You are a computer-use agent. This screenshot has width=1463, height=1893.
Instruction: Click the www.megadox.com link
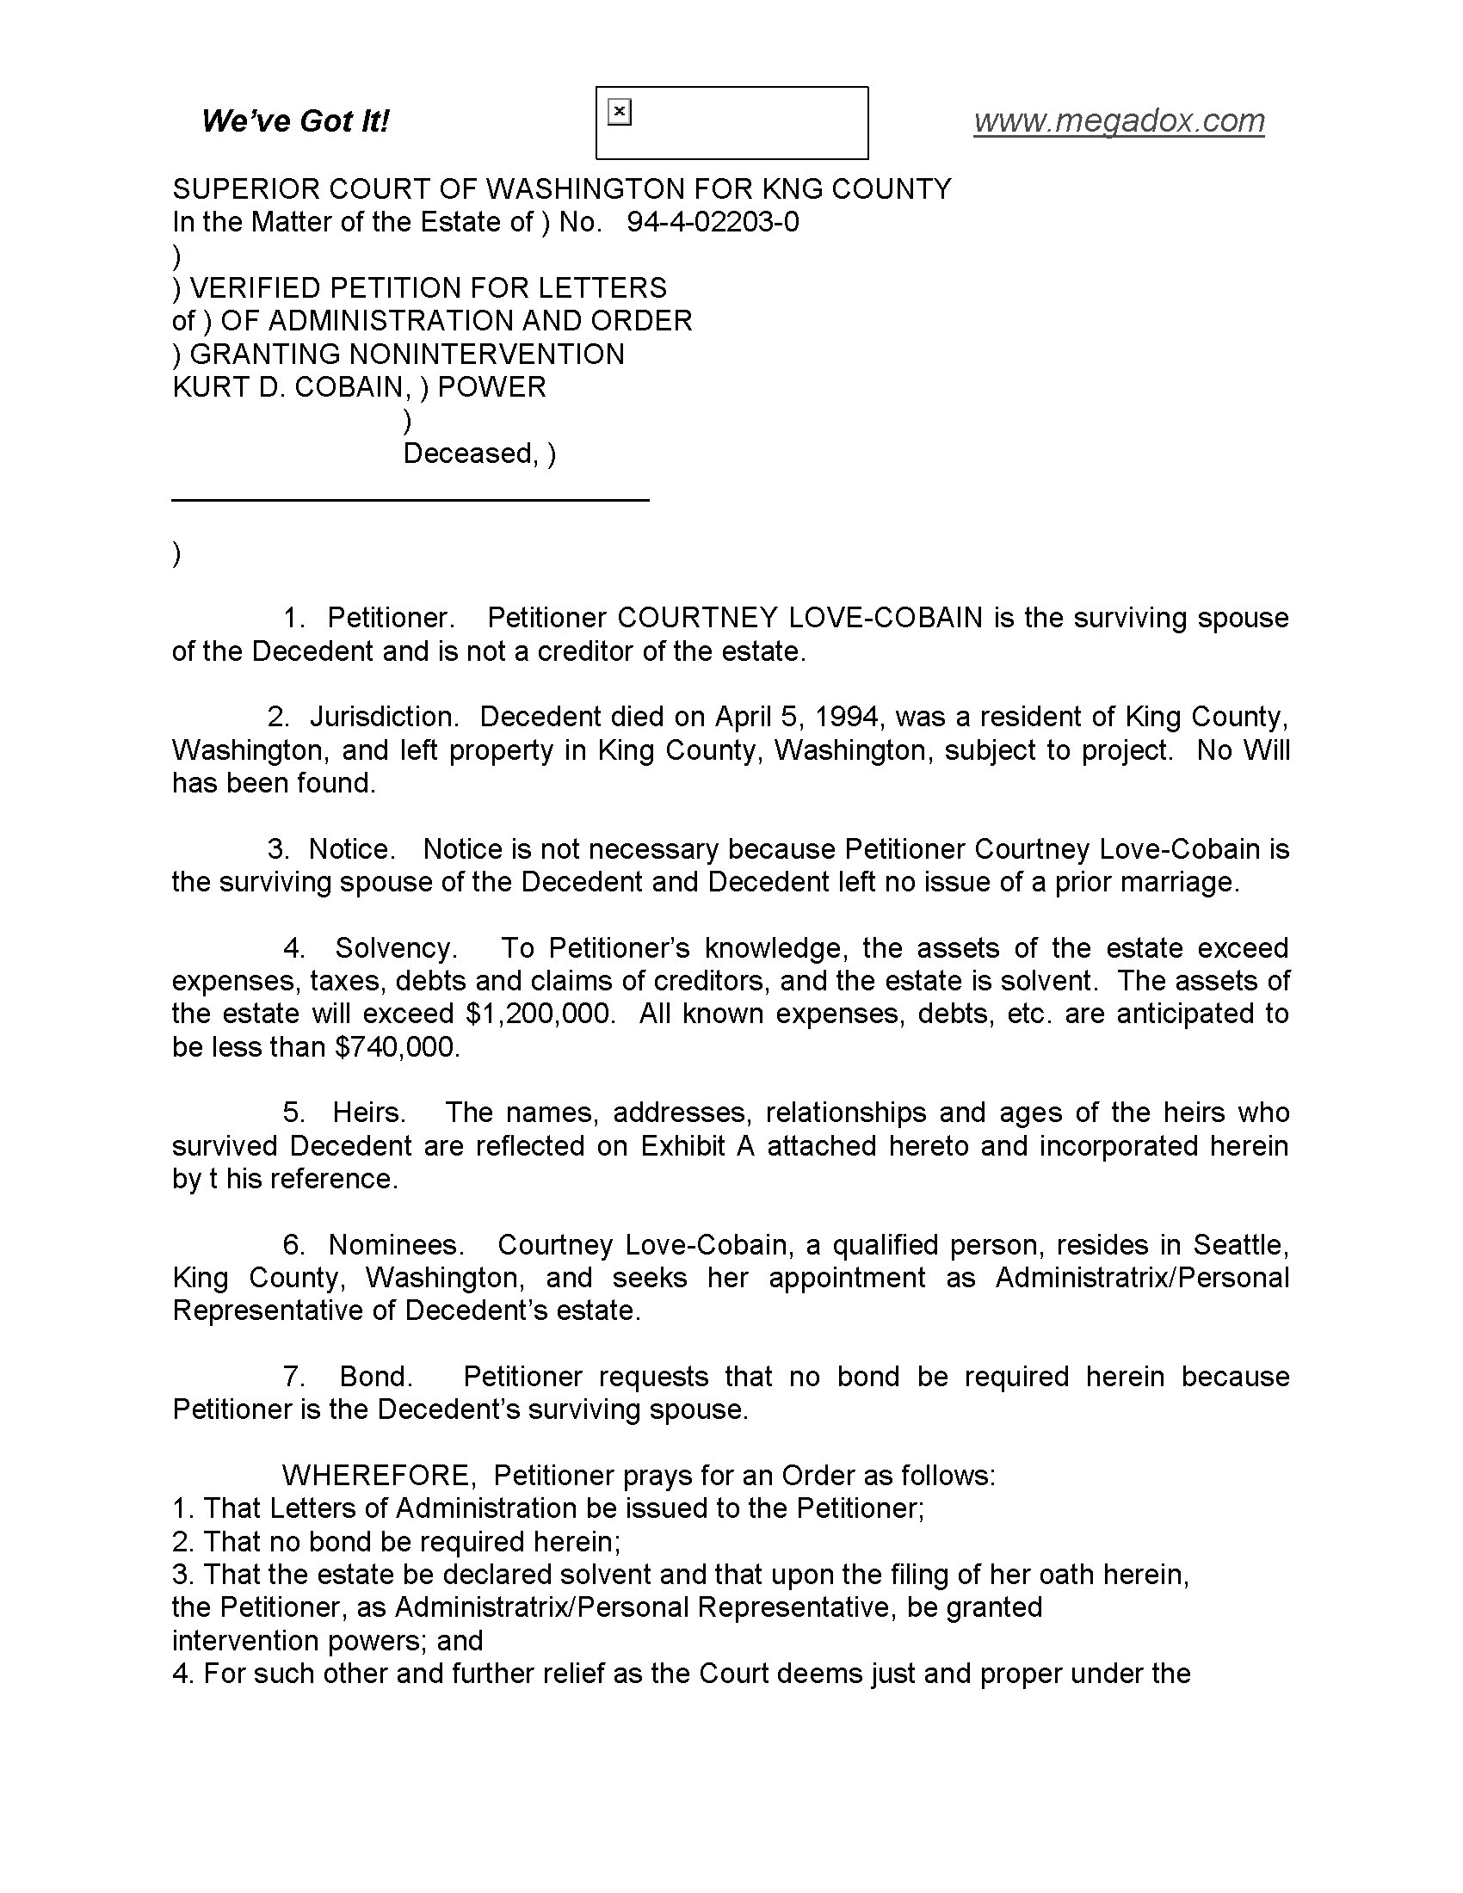(x=1118, y=120)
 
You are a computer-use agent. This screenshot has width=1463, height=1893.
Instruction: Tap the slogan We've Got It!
(x=294, y=120)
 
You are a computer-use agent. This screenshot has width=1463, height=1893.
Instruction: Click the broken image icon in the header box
(x=619, y=112)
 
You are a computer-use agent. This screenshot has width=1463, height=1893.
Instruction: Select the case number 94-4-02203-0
(x=713, y=222)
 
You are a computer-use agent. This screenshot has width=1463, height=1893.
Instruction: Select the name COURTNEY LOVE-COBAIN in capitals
(x=799, y=617)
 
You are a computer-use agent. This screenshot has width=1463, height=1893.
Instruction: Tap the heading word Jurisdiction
(x=382, y=716)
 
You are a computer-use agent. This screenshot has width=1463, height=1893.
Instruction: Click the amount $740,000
(x=397, y=1046)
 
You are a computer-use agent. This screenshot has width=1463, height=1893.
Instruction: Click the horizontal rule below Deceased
(x=411, y=500)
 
